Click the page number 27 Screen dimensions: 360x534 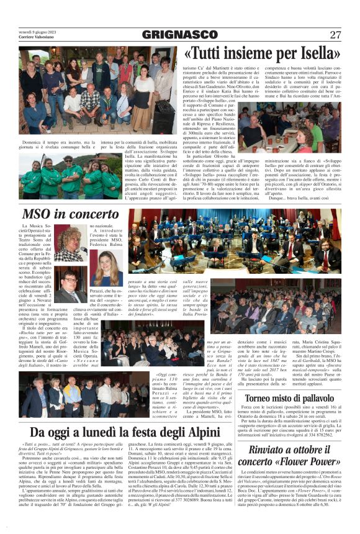click(x=335, y=35)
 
